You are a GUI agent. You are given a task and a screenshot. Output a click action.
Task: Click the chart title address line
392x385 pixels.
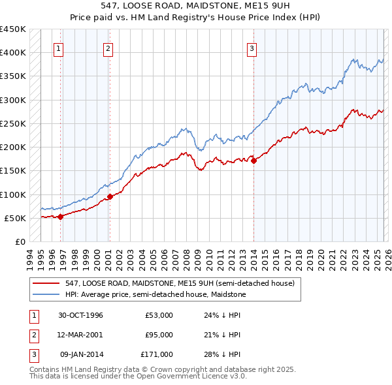point(196,6)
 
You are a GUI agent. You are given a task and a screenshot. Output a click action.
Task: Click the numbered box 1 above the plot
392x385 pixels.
point(59,48)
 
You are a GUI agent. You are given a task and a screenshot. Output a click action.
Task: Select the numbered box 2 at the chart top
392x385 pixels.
point(108,48)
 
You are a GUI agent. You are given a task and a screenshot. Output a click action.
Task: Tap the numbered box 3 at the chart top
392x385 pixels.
point(252,48)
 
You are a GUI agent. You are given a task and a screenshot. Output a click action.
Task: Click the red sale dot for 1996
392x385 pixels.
point(60,217)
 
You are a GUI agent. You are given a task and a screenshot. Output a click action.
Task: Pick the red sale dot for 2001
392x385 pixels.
point(110,196)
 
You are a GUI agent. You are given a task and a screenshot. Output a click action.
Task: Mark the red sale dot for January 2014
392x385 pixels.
point(254,161)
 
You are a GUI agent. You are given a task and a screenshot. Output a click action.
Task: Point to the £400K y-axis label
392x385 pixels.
point(13,53)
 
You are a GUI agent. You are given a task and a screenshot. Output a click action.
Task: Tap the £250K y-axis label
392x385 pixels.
point(13,123)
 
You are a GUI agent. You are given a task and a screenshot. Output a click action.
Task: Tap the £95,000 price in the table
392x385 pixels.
point(159,335)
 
